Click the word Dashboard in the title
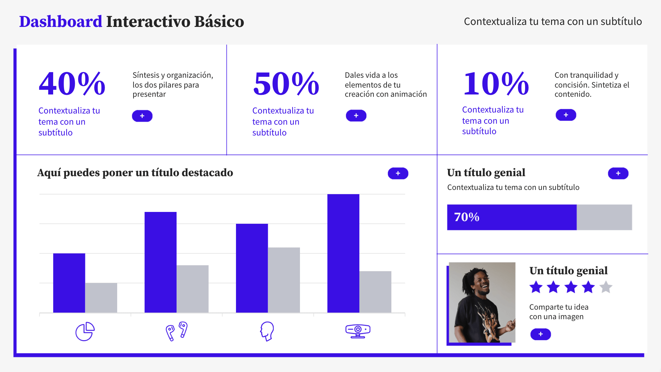tap(61, 22)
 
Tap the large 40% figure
tap(72, 84)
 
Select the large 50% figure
tap(286, 84)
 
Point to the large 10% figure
tap(496, 84)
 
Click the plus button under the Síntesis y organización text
tap(142, 116)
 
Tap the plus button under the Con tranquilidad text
tap(565, 115)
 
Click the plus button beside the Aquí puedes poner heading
tap(398, 173)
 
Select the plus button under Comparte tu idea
tap(540, 334)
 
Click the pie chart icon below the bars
tap(85, 331)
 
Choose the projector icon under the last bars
tap(358, 331)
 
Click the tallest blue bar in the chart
tap(343, 253)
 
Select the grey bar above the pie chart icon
tap(101, 298)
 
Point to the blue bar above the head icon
tap(252, 268)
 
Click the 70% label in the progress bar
tap(466, 217)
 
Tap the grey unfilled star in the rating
tap(606, 287)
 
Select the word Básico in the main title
tap(219, 22)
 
